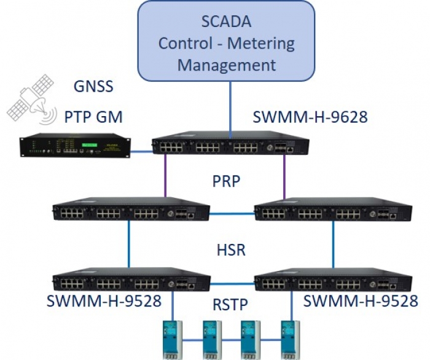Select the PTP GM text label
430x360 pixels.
(93, 116)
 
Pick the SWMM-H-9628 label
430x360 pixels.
(310, 117)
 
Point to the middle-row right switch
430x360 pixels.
(332, 210)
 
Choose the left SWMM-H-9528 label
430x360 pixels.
(104, 302)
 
